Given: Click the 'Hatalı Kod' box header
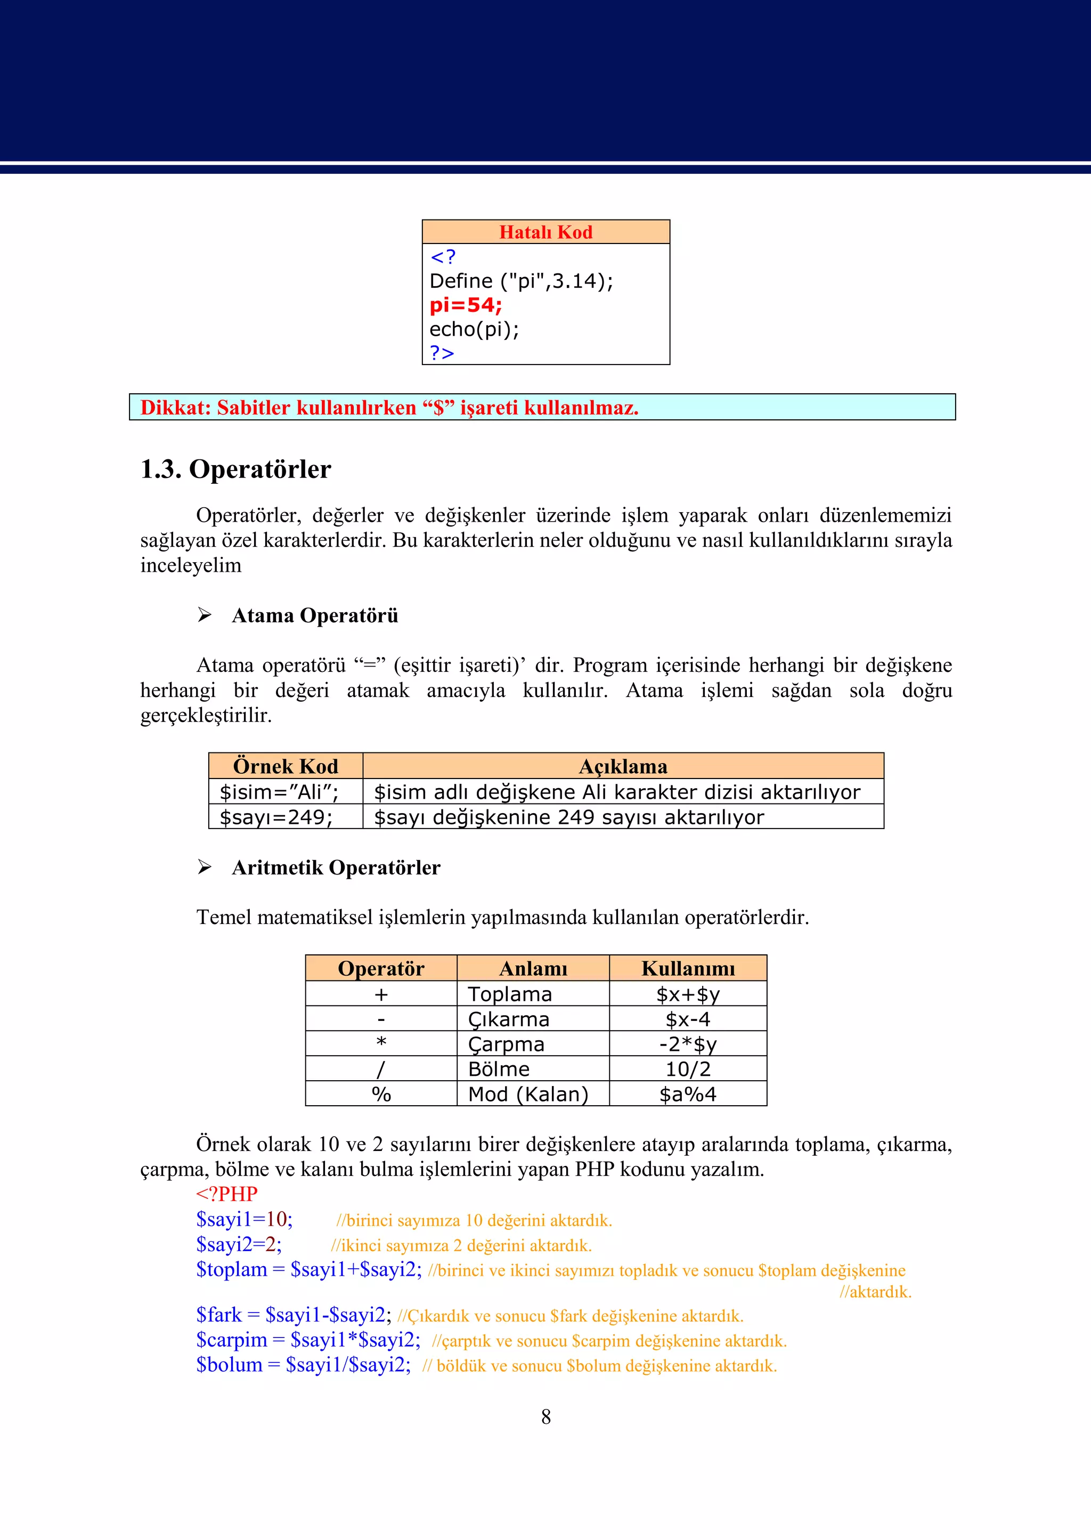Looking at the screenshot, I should point(545,232).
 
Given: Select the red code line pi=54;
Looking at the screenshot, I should point(466,305).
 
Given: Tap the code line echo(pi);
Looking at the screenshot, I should point(474,329).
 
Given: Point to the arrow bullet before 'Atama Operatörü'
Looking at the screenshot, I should point(204,615).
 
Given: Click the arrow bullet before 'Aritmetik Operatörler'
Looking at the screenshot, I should point(204,867).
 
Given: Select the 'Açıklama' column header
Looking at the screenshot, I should point(623,766).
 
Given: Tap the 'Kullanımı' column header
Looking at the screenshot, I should point(688,968).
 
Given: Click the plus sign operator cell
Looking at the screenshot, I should point(381,994).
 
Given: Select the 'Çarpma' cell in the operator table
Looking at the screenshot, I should point(506,1044).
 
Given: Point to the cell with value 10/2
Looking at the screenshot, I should point(688,1069).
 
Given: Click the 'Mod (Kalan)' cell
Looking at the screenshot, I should point(528,1095).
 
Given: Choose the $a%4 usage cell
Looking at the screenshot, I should point(688,1095).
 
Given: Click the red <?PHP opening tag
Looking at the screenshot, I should point(226,1194).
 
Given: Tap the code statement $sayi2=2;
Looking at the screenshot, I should point(239,1244).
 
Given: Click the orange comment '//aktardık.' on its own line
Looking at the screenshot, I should point(875,1291).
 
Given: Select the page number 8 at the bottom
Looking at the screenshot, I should point(545,1417).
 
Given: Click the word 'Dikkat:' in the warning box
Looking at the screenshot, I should point(175,408).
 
